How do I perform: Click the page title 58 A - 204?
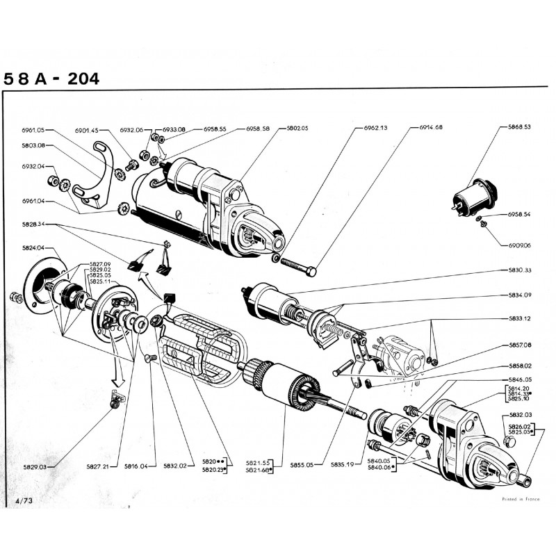[x=51, y=79]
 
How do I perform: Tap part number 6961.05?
[x=33, y=130]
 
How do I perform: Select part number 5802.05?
[x=297, y=129]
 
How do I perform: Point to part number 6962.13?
[x=375, y=129]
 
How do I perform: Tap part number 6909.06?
[x=518, y=245]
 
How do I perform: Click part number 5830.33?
[x=518, y=270]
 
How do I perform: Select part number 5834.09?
[x=518, y=295]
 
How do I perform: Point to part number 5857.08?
[x=518, y=345]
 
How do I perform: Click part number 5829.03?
[x=33, y=467]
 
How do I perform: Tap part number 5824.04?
[x=33, y=248]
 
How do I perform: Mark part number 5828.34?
[x=33, y=224]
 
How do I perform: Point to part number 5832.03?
[x=518, y=415]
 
